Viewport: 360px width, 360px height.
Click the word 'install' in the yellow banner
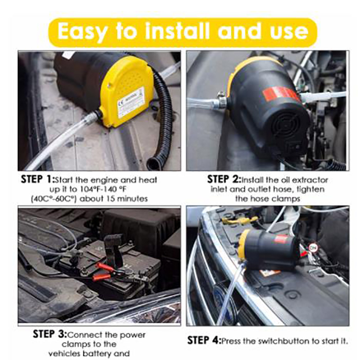tap(177, 31)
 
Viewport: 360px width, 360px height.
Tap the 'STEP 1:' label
tap(38, 179)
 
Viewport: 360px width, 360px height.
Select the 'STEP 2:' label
tap(224, 179)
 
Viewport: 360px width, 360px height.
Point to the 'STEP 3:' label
tap(50, 334)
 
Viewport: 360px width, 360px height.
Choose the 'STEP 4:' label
tap(204, 341)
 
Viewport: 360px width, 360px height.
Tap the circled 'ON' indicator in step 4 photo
tap(313, 248)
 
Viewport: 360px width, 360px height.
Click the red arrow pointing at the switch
tap(304, 253)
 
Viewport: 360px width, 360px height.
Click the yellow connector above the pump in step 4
tap(239, 220)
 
